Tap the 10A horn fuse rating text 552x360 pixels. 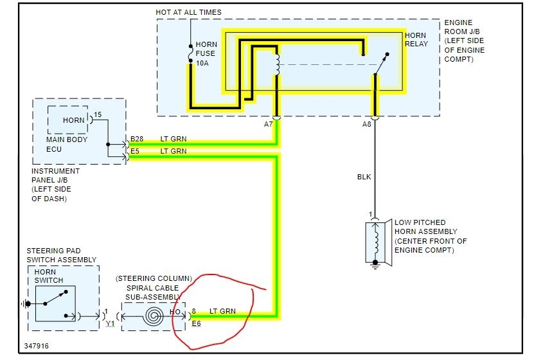tap(202, 64)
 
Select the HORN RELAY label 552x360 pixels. tap(416, 39)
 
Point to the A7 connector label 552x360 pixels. tap(268, 123)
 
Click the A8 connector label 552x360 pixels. tap(367, 123)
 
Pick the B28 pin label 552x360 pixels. tap(137, 138)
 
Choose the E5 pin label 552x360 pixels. tap(134, 151)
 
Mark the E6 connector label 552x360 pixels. tap(197, 324)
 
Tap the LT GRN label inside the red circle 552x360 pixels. tap(222, 311)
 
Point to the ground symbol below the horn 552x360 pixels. tap(375, 265)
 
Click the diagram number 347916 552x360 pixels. tap(37, 346)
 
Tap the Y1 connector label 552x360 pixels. tap(111, 324)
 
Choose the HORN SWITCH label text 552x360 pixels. tap(49, 276)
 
